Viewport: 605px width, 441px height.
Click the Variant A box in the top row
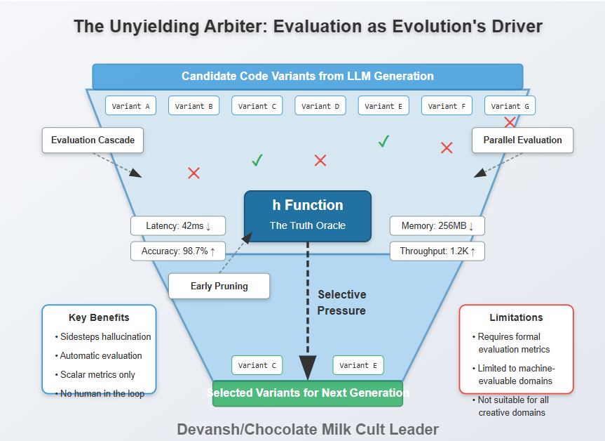click(130, 106)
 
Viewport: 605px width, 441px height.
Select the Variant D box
click(320, 106)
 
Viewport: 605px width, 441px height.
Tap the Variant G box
click(510, 106)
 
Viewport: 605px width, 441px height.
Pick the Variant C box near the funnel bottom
click(257, 365)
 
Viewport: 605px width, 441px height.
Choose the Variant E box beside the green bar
click(358, 365)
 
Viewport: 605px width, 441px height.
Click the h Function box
click(308, 216)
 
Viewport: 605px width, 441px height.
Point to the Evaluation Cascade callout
click(93, 140)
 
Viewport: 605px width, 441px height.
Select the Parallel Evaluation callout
click(522, 140)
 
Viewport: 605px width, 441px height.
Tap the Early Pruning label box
click(219, 286)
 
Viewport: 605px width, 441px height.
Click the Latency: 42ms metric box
click(178, 226)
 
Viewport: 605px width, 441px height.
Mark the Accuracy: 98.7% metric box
click(178, 251)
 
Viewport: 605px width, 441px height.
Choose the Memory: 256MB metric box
click(437, 226)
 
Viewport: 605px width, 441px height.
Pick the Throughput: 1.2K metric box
click(437, 251)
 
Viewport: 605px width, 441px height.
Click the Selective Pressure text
click(342, 303)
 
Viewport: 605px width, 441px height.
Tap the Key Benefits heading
click(99, 317)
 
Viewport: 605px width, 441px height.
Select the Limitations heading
click(516, 317)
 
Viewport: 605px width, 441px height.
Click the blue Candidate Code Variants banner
click(307, 76)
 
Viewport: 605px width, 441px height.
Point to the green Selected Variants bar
click(308, 393)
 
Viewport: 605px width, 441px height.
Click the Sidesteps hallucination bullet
click(105, 336)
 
